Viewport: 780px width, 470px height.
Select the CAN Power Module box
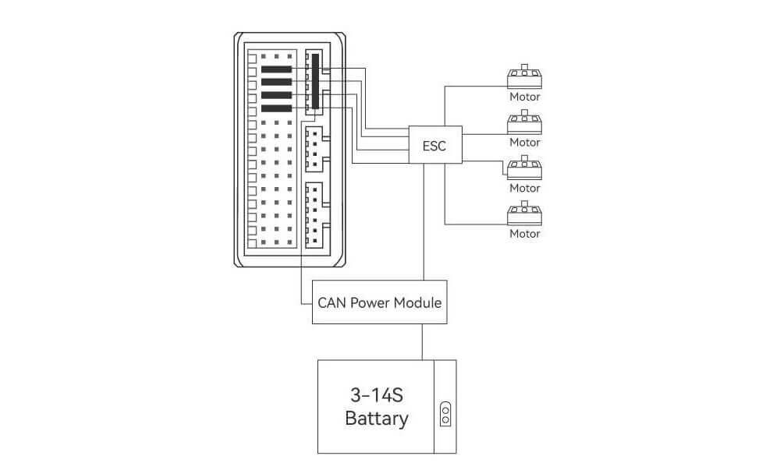click(380, 302)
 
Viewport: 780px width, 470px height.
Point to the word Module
click(417, 302)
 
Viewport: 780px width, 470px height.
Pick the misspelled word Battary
click(376, 419)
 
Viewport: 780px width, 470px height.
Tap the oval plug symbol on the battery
click(445, 412)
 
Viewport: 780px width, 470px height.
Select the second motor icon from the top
click(524, 122)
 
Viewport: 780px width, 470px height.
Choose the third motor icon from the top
click(524, 168)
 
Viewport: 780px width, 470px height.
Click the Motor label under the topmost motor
click(524, 97)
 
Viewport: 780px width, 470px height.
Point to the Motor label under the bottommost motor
click(524, 233)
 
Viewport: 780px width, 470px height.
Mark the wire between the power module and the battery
click(422, 341)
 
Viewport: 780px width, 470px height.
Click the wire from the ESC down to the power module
click(424, 222)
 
